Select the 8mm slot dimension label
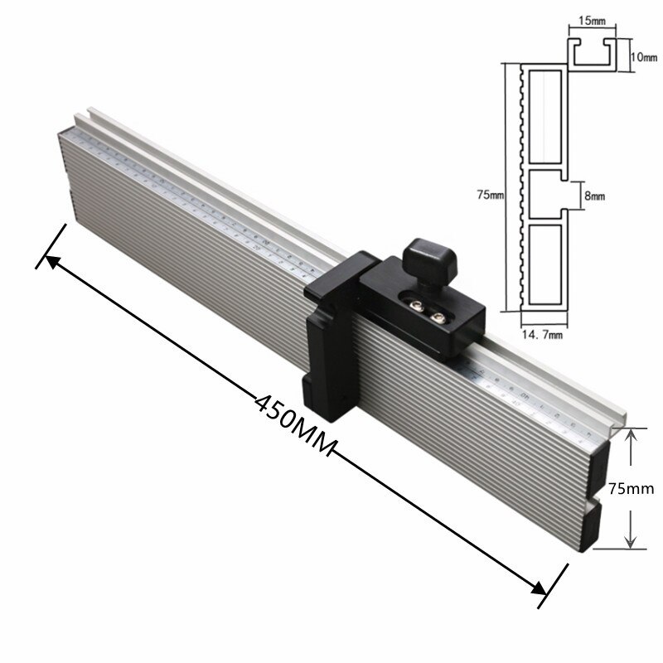click(x=595, y=196)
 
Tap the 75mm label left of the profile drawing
click(x=490, y=195)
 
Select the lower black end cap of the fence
click(x=602, y=525)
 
